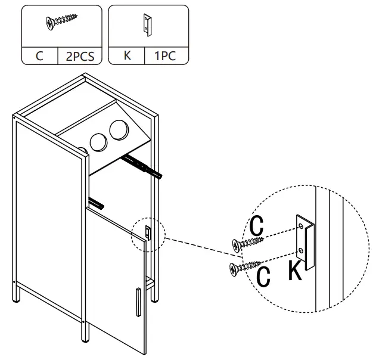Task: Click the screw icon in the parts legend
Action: coord(61,23)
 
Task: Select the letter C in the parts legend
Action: coord(39,58)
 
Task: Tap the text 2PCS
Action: coord(79,58)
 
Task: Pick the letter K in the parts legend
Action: coord(127,58)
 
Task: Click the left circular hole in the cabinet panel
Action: coord(97,142)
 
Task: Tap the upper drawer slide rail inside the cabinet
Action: coord(142,166)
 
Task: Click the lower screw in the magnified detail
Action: coord(244,268)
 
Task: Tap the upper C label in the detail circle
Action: coord(257,225)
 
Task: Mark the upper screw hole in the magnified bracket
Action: coord(302,225)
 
